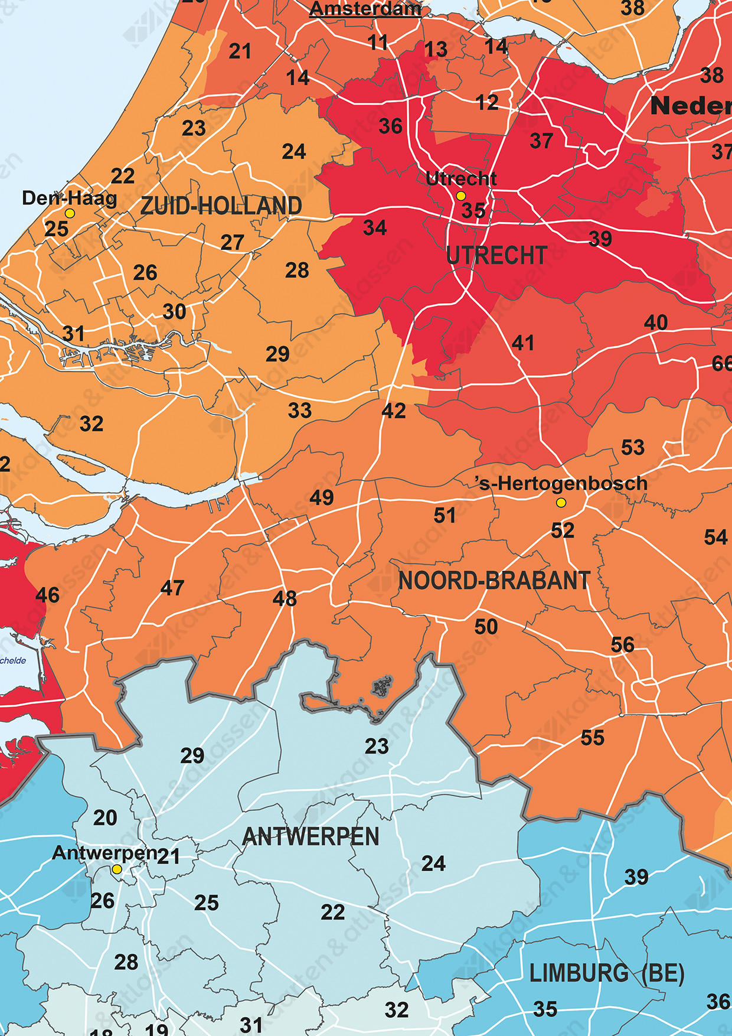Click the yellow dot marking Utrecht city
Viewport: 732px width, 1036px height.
(x=461, y=196)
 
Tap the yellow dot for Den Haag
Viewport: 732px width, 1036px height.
(x=70, y=213)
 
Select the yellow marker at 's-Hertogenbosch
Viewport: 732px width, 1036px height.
(x=561, y=503)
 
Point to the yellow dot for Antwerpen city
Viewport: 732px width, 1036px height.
(x=117, y=869)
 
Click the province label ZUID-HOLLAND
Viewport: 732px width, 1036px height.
(x=221, y=206)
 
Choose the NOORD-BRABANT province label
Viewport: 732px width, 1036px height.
(x=494, y=581)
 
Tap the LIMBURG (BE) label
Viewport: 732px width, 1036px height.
(x=606, y=973)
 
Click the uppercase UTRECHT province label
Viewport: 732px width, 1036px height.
(x=496, y=256)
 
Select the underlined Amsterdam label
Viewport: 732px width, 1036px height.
(x=365, y=9)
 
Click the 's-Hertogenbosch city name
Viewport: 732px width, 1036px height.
(x=562, y=483)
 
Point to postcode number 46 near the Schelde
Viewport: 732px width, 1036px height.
(x=47, y=595)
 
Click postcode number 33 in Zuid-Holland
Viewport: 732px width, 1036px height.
(x=300, y=411)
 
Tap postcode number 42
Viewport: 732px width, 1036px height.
(x=394, y=411)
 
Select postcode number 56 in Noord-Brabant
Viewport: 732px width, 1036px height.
(x=623, y=644)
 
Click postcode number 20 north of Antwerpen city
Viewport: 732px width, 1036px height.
(x=105, y=818)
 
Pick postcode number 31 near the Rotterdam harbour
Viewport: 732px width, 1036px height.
(x=73, y=334)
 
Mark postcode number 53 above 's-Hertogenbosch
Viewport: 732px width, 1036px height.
(x=633, y=448)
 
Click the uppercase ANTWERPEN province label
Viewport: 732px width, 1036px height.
(x=311, y=837)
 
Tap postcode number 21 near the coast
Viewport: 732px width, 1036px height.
(x=240, y=52)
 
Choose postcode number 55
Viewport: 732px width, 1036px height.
(x=593, y=738)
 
